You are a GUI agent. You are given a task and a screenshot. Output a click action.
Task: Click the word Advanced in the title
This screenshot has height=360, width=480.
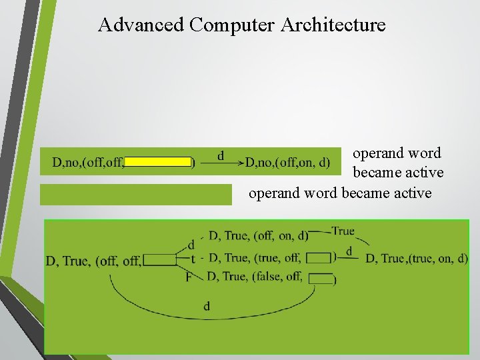point(141,25)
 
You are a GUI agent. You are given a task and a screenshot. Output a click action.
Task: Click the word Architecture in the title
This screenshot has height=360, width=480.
point(333,25)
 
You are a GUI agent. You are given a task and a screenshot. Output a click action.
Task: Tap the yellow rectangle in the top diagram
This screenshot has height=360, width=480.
point(158,161)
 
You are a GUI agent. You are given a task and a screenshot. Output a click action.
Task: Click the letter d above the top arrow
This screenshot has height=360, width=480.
point(221,155)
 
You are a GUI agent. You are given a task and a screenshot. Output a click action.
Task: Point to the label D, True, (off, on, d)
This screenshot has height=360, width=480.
point(259,235)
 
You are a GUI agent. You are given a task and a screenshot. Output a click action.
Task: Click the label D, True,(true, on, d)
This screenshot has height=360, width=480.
point(417,258)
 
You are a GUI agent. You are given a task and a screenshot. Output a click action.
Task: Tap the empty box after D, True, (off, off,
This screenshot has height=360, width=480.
point(159,261)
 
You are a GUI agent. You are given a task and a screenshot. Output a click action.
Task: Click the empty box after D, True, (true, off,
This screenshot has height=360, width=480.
point(319,257)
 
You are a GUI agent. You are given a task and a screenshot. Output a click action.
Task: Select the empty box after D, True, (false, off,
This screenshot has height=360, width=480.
point(321,279)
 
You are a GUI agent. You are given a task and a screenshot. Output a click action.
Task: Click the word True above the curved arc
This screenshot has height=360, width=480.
point(343,231)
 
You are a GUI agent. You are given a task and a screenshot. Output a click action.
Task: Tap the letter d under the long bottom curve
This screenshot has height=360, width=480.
point(207,306)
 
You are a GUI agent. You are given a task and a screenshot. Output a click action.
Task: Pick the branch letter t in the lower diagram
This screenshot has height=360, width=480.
point(193,259)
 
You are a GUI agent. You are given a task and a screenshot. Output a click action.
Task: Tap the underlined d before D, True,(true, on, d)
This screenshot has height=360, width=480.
point(349,252)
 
